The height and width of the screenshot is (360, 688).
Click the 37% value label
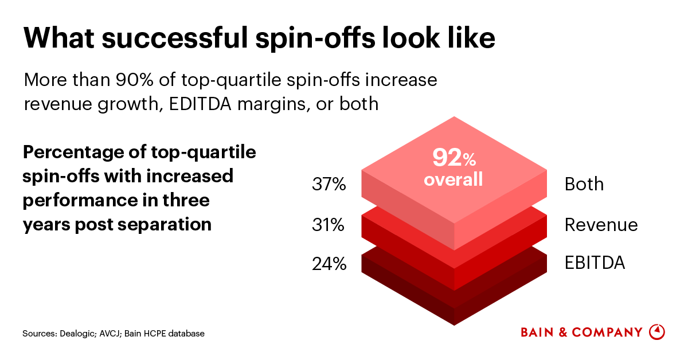click(x=329, y=185)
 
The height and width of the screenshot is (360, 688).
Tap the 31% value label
click(x=328, y=225)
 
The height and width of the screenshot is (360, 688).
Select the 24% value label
click(x=329, y=264)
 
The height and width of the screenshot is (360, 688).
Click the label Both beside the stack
click(x=584, y=185)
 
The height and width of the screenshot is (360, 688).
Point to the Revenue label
click(x=601, y=225)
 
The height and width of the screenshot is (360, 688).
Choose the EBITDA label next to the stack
click(x=595, y=263)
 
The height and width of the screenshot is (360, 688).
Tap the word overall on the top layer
click(x=453, y=179)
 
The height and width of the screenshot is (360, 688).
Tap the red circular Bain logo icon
click(x=656, y=332)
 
